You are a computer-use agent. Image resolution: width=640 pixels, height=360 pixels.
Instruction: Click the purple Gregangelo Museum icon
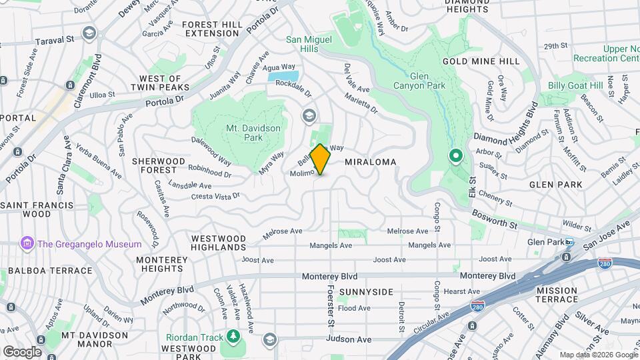tap(27, 243)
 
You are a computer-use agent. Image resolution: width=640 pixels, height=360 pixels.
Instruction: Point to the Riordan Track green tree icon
tap(233, 337)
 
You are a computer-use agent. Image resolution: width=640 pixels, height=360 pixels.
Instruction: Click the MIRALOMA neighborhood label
tap(371, 162)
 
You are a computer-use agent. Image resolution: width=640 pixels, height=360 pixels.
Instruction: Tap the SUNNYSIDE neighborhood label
tap(365, 292)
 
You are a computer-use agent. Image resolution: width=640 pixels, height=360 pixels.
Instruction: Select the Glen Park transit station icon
tap(569, 242)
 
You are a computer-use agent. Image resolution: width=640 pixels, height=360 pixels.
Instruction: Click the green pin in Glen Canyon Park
tap(456, 156)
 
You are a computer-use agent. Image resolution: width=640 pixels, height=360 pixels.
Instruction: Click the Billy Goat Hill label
tap(575, 85)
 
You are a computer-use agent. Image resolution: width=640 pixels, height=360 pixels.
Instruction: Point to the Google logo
tap(22, 351)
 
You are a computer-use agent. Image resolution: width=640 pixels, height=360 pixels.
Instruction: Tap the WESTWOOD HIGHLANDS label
tap(219, 243)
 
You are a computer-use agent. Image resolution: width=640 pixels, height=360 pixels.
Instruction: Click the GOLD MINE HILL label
tap(481, 61)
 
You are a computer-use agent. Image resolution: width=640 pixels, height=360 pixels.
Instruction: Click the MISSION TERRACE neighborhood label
tap(556, 295)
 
